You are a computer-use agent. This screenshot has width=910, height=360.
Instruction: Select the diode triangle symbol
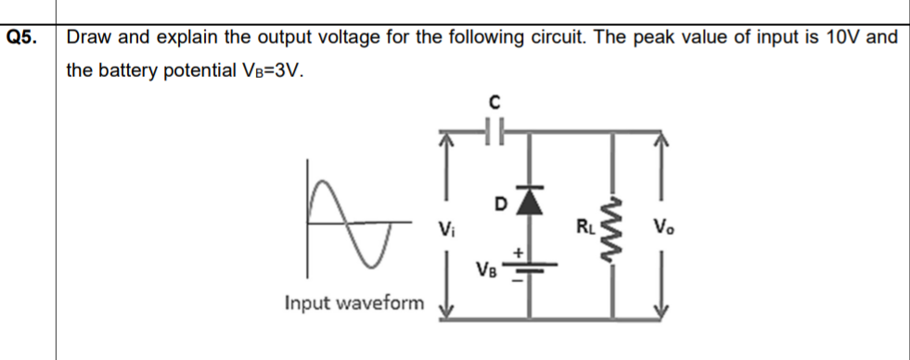529,201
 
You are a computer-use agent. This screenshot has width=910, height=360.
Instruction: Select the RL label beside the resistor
585,224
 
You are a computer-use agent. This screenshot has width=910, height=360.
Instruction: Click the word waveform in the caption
387,302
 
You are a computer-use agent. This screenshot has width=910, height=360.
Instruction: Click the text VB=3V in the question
273,71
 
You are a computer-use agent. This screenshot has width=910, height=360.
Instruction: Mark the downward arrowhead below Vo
660,309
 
